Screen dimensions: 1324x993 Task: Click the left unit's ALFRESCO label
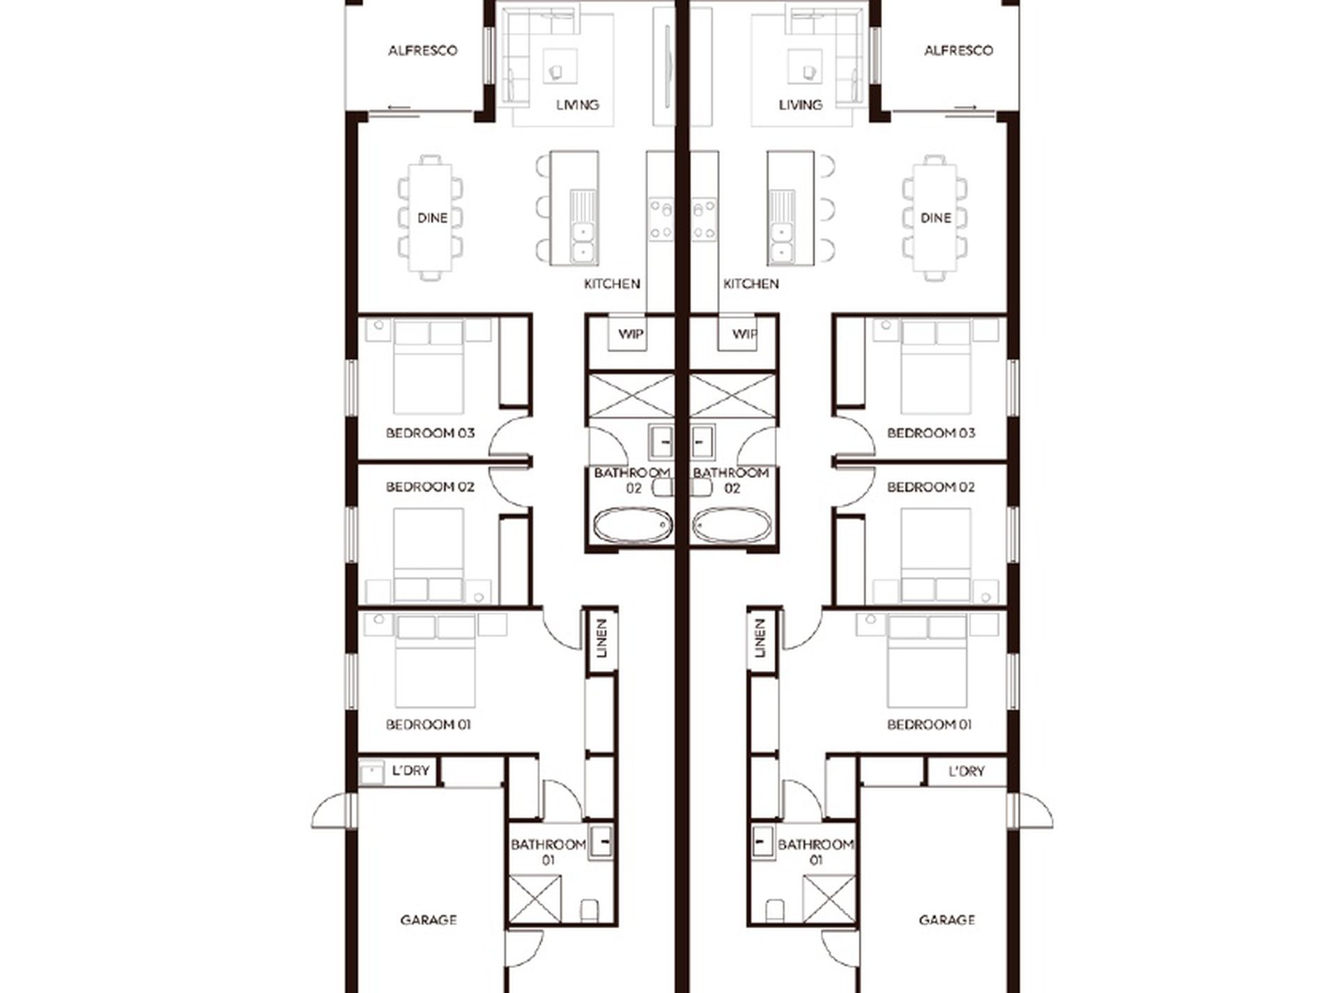422,50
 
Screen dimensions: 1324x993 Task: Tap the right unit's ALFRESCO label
958,50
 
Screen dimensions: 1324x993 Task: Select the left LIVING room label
577,105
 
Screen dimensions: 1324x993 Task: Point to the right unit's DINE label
935,217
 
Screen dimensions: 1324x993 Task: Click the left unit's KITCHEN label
611,284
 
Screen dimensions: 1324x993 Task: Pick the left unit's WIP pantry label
631,334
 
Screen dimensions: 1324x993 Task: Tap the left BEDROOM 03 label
430,433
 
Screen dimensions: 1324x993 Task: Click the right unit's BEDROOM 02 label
931,486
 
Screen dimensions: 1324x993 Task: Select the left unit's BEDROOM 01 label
429,725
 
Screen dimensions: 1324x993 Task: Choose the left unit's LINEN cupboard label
603,638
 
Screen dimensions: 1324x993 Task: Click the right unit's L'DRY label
967,771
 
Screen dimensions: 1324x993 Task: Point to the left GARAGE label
429,920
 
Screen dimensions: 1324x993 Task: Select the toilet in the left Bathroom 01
589,909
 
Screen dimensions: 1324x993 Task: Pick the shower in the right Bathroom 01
829,898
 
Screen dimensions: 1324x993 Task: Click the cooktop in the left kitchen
661,219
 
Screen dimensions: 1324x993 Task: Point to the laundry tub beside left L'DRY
371,773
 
